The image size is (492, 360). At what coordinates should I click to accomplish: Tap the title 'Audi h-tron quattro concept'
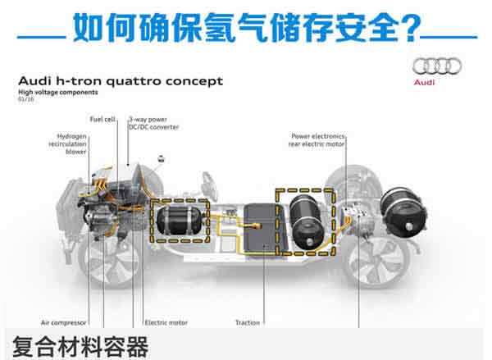(120, 82)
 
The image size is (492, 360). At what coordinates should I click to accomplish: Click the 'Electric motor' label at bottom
(166, 322)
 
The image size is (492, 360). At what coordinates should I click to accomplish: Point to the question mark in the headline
(429, 27)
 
